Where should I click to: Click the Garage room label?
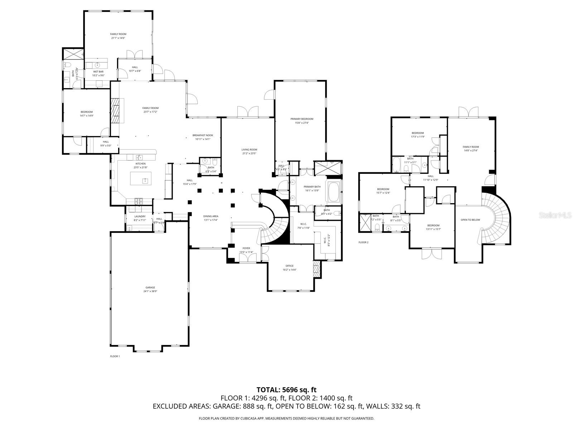[150, 287]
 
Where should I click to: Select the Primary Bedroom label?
[302, 119]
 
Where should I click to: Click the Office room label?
[289, 266]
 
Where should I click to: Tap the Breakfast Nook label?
[203, 135]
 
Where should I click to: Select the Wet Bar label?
[98, 72]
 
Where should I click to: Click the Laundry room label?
[140, 216]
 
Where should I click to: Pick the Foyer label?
[246, 248]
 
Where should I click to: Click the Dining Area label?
[211, 216]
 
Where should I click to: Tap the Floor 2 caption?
[363, 242]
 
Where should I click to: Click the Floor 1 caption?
[115, 356]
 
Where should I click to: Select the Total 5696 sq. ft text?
[286, 390]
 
